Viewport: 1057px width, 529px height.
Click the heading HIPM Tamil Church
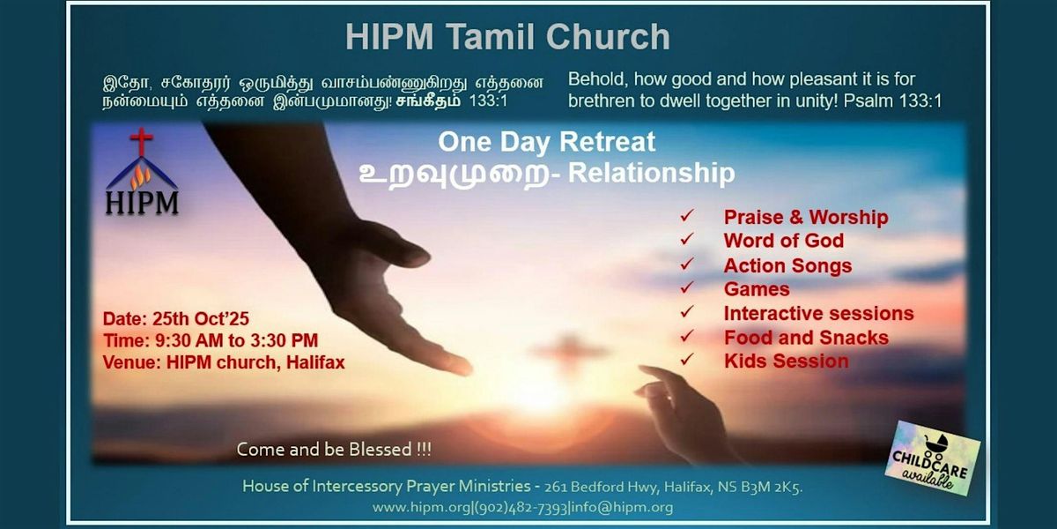coord(507,37)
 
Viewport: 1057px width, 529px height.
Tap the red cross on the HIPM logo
coord(142,141)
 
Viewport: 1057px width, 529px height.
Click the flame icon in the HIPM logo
coord(141,177)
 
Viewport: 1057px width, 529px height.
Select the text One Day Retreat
coord(546,142)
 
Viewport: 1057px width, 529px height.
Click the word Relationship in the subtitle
coord(652,173)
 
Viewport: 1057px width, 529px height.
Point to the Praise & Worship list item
coord(806,217)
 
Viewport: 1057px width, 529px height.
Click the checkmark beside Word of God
coord(686,240)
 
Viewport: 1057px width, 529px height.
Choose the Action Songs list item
coord(788,265)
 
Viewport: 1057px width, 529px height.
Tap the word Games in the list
coord(757,289)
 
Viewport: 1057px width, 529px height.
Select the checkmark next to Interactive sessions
coord(686,312)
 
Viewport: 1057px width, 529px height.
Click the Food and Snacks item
coord(807,338)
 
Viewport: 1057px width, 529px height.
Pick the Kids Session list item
coord(786,361)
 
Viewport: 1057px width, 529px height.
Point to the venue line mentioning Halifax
coord(224,362)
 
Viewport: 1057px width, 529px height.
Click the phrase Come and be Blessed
coord(334,449)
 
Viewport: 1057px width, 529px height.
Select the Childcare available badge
coord(932,458)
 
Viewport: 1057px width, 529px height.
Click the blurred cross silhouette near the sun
coord(570,351)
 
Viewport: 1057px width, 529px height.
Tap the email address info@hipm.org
coord(622,507)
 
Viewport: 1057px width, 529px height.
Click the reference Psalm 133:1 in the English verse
coord(893,101)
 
